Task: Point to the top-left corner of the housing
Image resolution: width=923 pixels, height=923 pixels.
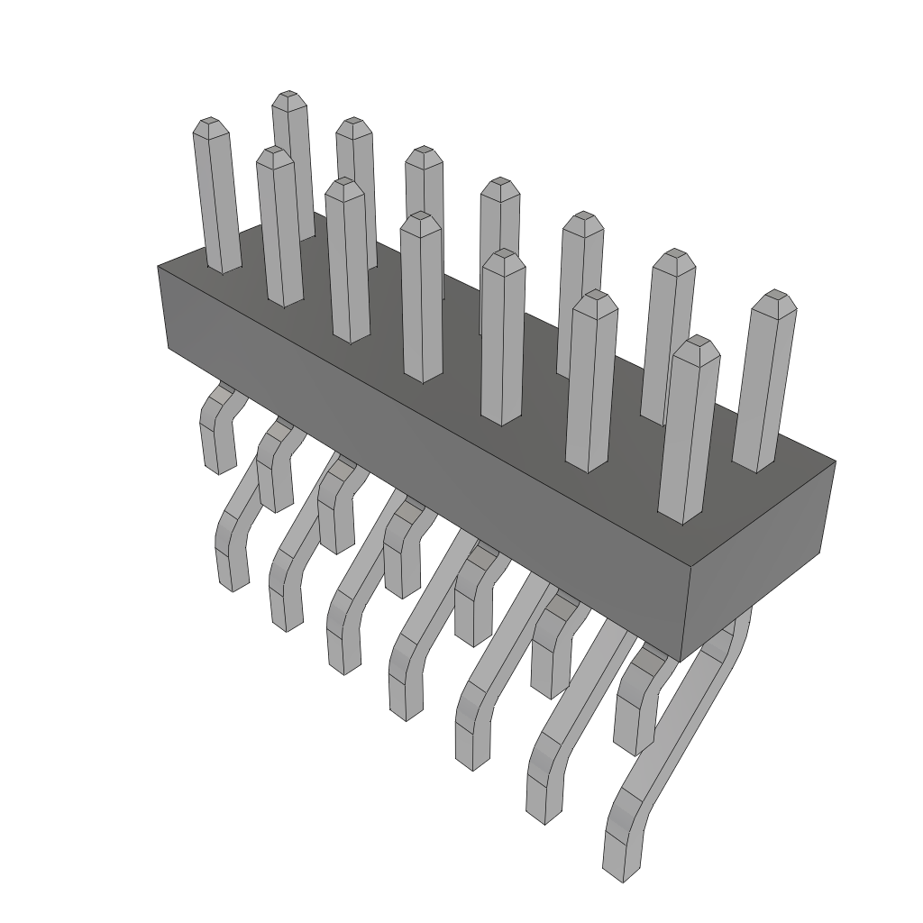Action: pyautogui.click(x=160, y=267)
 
